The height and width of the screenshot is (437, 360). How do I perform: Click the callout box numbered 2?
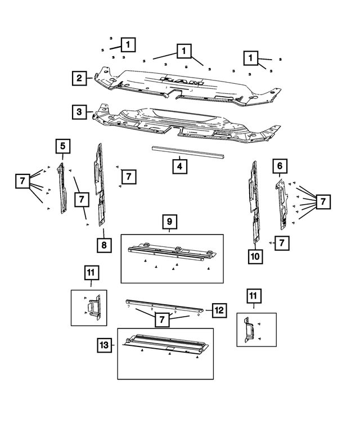click(x=80, y=78)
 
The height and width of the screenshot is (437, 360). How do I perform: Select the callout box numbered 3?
click(x=80, y=111)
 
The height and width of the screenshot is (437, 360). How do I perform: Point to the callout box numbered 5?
click(x=63, y=147)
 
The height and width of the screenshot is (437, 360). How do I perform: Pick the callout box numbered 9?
click(x=169, y=222)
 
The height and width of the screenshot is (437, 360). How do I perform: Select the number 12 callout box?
click(x=219, y=309)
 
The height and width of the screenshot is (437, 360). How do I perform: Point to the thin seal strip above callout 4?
click(x=188, y=151)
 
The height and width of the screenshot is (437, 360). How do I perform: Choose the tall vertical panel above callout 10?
click(x=254, y=205)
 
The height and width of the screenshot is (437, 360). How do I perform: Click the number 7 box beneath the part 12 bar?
click(x=162, y=319)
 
